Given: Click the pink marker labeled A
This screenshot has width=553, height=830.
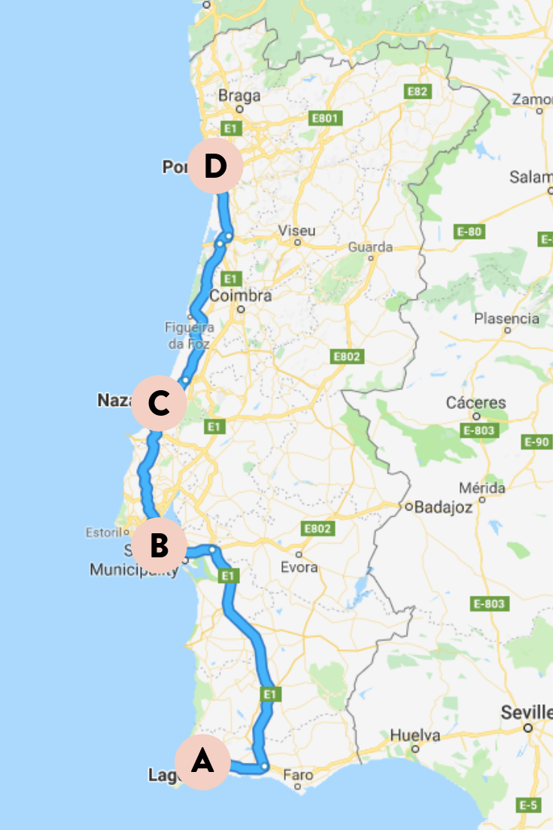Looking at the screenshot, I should pyautogui.click(x=202, y=762).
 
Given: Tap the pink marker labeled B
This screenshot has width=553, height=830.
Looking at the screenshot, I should pyautogui.click(x=158, y=545).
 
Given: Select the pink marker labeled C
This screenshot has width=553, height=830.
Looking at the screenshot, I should pyautogui.click(x=158, y=404).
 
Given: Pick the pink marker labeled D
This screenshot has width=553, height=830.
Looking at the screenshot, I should pyautogui.click(x=214, y=166).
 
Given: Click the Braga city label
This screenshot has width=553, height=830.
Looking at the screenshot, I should pyautogui.click(x=239, y=96).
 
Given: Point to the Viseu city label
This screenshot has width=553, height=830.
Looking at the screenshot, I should pyautogui.click(x=296, y=230).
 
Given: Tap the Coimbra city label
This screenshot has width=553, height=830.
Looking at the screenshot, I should pyautogui.click(x=240, y=296).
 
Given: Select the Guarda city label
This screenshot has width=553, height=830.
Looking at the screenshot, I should pyautogui.click(x=370, y=247).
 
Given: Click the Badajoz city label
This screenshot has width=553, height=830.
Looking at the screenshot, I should pyautogui.click(x=443, y=507).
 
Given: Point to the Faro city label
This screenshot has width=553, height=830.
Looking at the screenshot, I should pyautogui.click(x=299, y=774).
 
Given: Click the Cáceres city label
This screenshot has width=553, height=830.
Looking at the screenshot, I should pyautogui.click(x=476, y=403).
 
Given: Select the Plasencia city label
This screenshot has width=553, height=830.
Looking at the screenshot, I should pyautogui.click(x=506, y=319).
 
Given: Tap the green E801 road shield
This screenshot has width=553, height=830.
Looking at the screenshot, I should pyautogui.click(x=327, y=117).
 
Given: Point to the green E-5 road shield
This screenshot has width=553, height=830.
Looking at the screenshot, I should pyautogui.click(x=529, y=805).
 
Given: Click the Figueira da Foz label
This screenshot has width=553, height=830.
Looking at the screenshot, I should pyautogui.click(x=189, y=334).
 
